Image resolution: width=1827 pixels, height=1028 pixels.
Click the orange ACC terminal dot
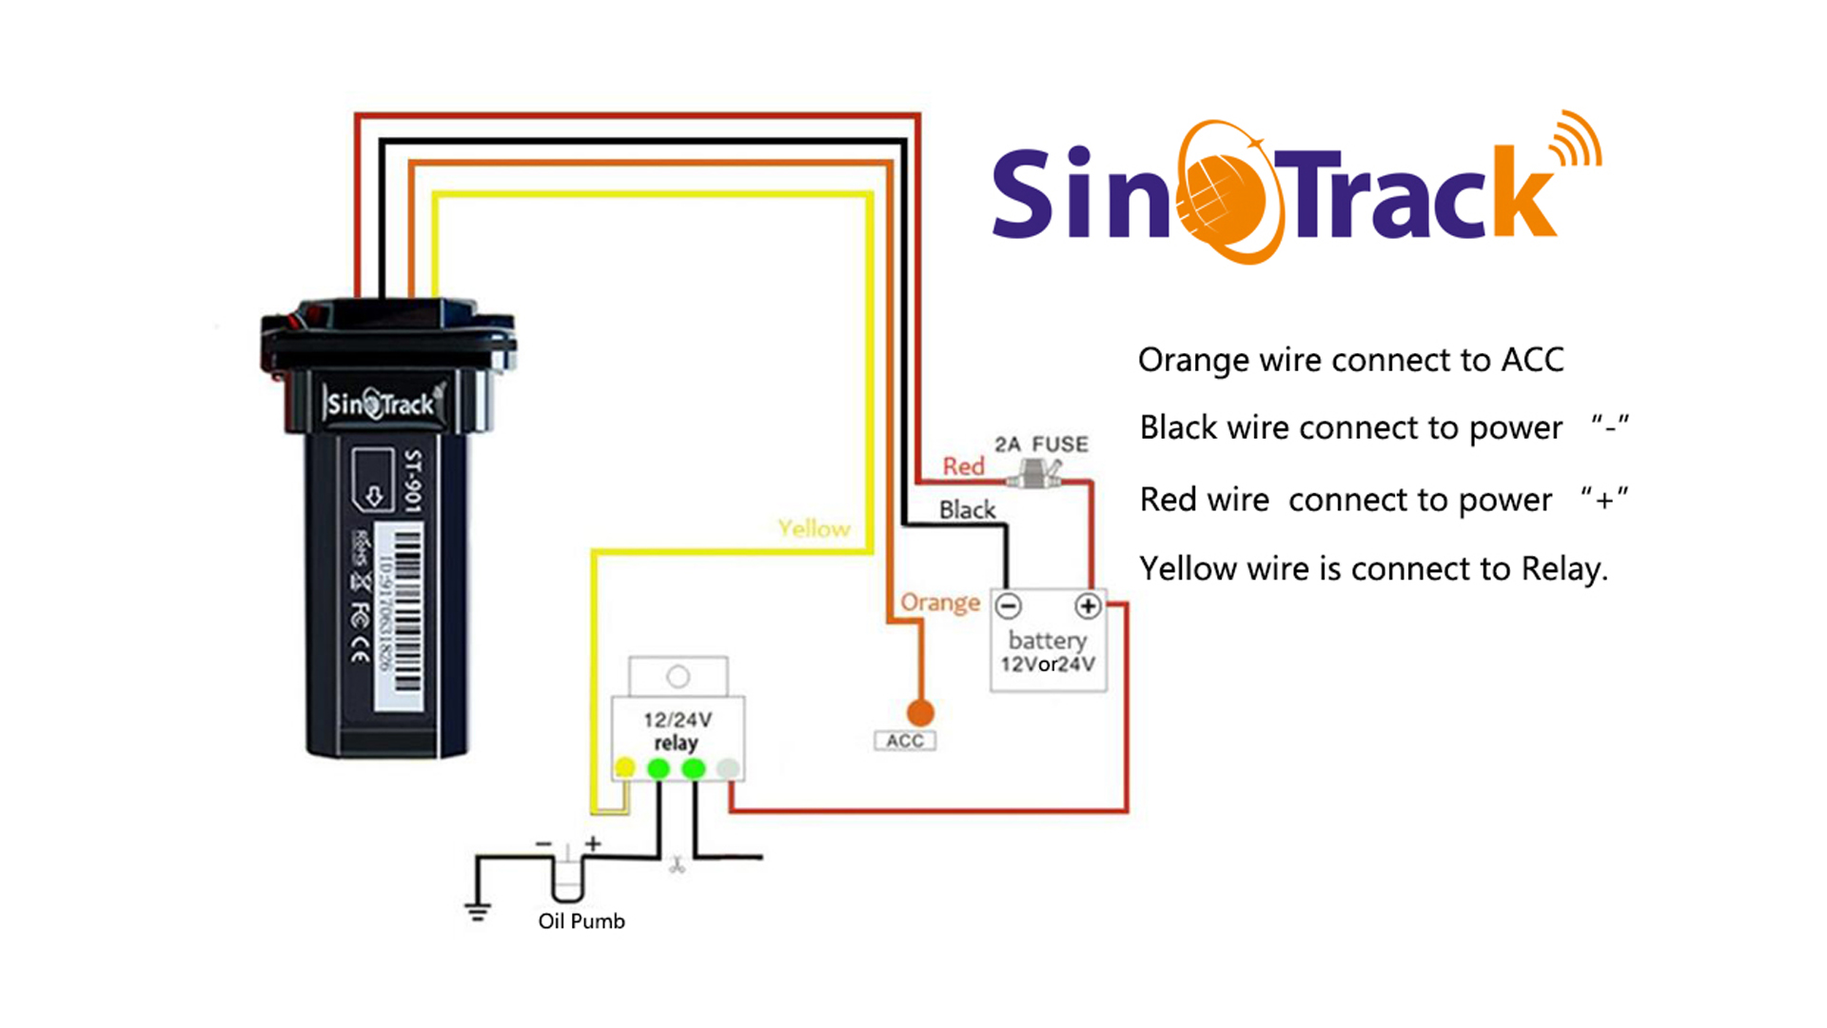point(919,712)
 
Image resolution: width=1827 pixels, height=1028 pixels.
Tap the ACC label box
point(904,741)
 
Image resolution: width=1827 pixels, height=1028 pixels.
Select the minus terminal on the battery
point(1009,606)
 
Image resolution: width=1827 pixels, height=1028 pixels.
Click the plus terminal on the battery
point(1088,606)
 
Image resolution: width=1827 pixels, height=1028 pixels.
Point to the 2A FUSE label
point(1041,445)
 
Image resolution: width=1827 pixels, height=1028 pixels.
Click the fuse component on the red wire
point(1035,473)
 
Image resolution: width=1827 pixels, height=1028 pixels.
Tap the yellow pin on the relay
point(624,768)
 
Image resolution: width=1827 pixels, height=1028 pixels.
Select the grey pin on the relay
point(728,768)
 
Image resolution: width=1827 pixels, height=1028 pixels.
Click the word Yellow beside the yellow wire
point(814,528)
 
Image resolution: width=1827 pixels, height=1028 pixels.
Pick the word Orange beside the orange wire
point(939,603)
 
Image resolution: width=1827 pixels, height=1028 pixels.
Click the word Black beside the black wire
point(967,510)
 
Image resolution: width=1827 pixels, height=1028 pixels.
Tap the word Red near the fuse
point(963,466)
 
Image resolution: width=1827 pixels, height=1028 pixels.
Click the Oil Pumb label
point(581,921)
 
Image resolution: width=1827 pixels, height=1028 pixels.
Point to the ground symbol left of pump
point(478,911)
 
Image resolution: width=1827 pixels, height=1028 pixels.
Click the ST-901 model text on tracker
point(412,481)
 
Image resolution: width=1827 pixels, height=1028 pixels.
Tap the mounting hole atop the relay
point(678,677)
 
